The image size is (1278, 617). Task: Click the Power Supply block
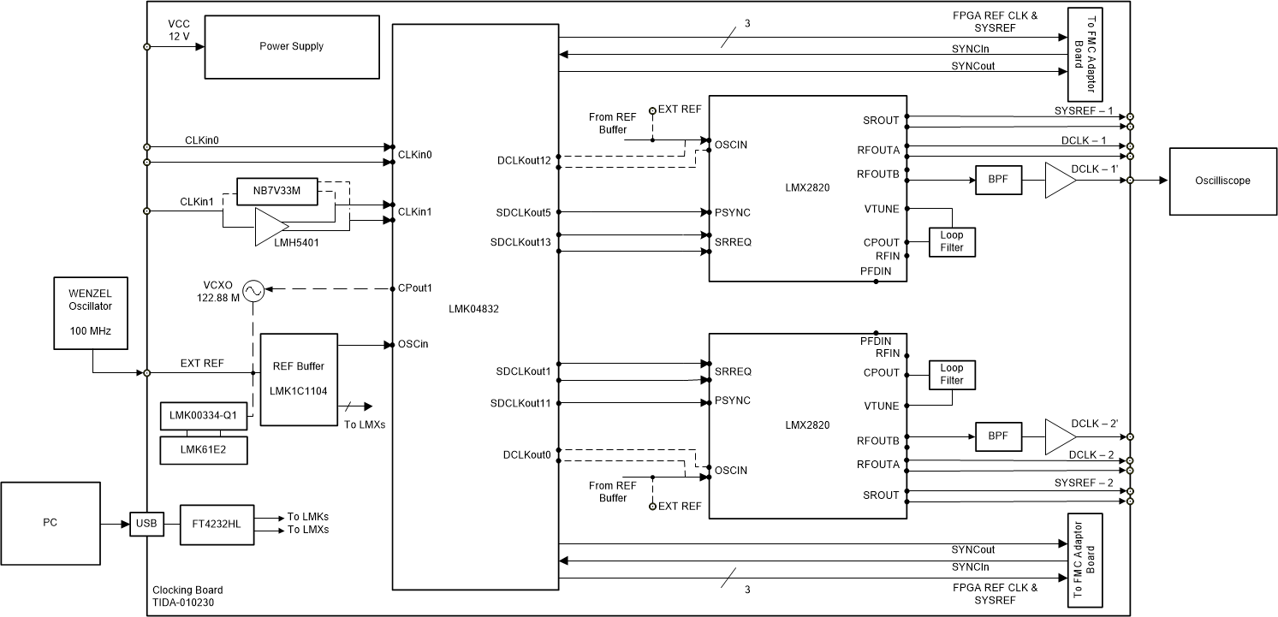click(291, 47)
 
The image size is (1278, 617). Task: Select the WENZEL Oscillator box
click(91, 312)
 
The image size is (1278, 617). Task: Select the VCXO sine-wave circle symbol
click(253, 292)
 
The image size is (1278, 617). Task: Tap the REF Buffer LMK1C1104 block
click(299, 378)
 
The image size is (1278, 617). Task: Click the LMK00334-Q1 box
click(204, 417)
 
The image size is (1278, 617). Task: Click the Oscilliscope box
click(1222, 181)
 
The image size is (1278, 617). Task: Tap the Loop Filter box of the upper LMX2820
click(952, 241)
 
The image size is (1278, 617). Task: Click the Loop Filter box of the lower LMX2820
click(952, 374)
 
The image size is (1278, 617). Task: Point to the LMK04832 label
click(473, 310)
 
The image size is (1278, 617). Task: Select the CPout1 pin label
click(414, 288)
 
